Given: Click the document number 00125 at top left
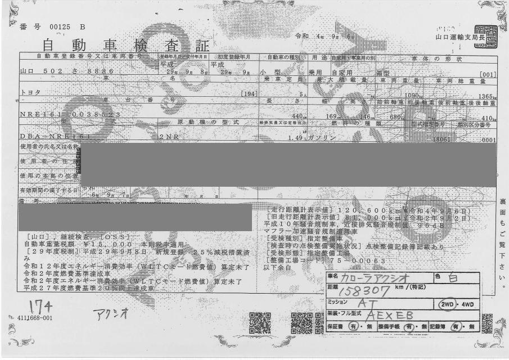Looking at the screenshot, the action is coord(58,26).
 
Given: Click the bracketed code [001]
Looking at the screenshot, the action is coord(487,74).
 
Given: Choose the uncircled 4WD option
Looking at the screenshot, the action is coord(465,304).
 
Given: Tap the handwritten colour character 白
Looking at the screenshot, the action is coord(453,278).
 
